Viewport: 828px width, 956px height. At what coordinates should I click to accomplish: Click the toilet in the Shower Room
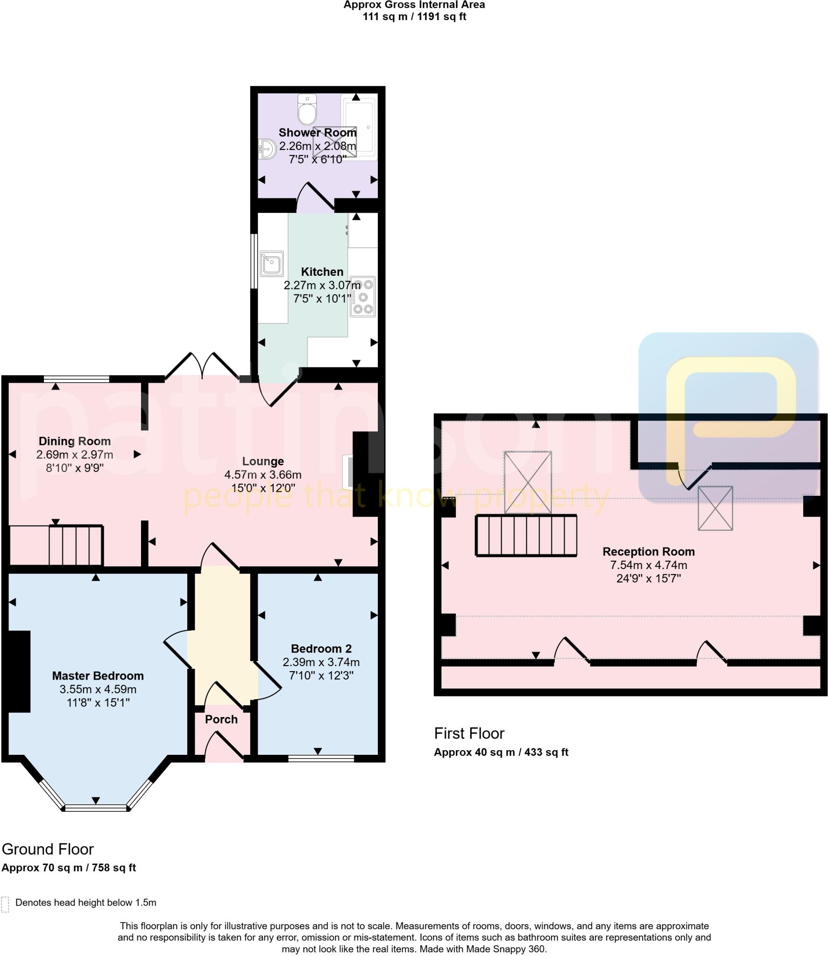pyautogui.click(x=307, y=109)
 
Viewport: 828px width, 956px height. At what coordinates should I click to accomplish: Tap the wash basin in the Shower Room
pyautogui.click(x=267, y=149)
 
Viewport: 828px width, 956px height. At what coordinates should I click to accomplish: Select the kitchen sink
pyautogui.click(x=271, y=263)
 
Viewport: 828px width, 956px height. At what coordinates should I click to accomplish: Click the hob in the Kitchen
pyautogui.click(x=363, y=296)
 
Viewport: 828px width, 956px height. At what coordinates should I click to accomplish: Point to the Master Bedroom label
pyautogui.click(x=98, y=675)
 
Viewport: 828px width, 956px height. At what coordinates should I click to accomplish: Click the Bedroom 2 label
pyautogui.click(x=321, y=648)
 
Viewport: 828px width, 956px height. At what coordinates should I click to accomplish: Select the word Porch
pyautogui.click(x=221, y=719)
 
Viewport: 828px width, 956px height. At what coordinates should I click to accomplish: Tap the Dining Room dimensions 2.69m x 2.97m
pyautogui.click(x=75, y=454)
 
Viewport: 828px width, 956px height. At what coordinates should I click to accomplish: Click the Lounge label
pyautogui.click(x=263, y=461)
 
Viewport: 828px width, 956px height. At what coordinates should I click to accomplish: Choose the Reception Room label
pyautogui.click(x=648, y=551)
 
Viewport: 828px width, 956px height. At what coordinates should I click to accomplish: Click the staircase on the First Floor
pyautogui.click(x=526, y=535)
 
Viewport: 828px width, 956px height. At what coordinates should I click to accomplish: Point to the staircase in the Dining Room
pyautogui.click(x=76, y=545)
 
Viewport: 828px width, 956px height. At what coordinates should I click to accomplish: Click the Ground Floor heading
pyautogui.click(x=48, y=849)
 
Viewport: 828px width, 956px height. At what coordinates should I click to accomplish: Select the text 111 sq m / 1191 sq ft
pyautogui.click(x=414, y=17)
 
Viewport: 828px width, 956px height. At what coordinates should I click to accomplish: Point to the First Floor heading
pyautogui.click(x=469, y=733)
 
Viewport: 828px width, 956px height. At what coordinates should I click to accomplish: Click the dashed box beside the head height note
pyautogui.click(x=5, y=904)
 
